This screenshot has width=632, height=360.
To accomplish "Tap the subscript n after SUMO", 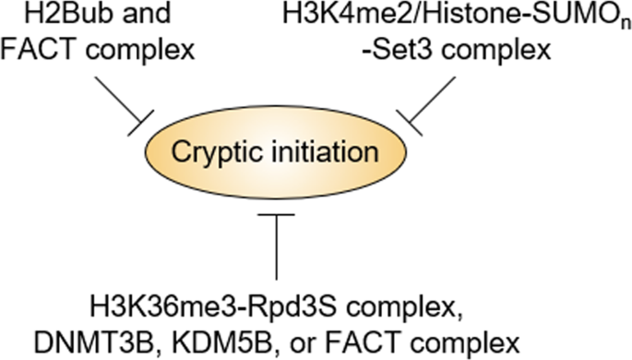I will pos(613,22).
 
